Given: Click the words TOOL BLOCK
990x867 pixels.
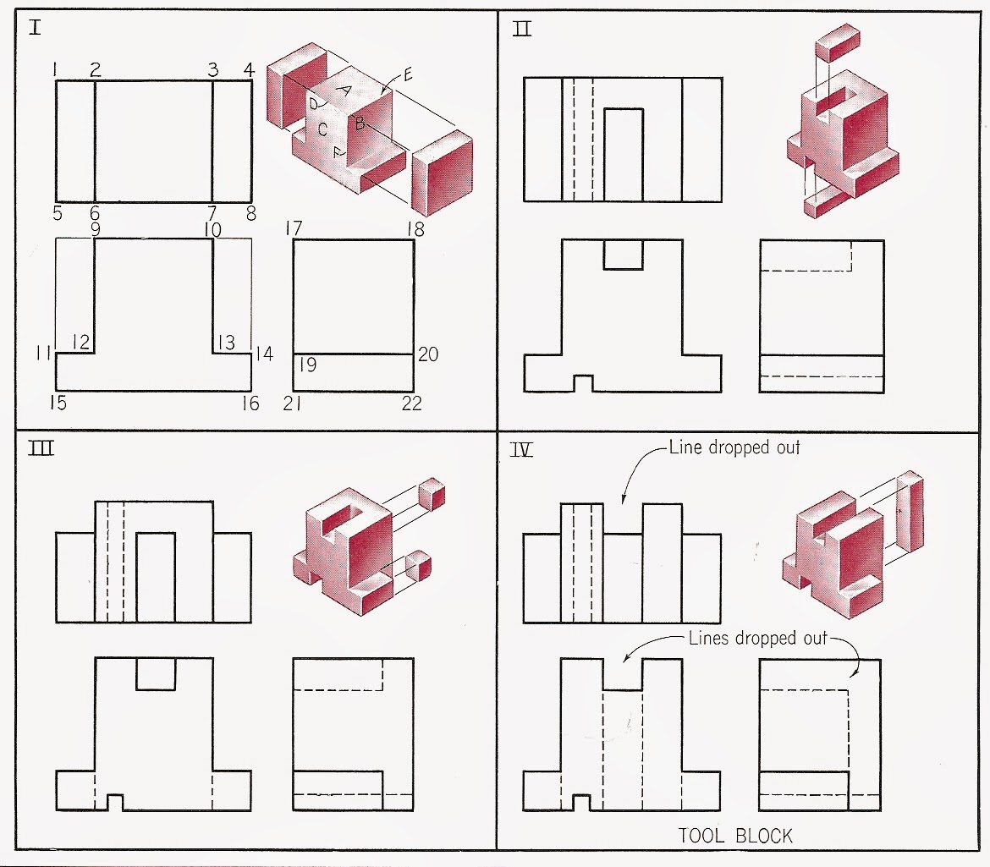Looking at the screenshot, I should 736,836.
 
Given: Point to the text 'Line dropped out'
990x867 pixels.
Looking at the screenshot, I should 734,447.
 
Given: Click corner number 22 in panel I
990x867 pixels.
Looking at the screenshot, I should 411,404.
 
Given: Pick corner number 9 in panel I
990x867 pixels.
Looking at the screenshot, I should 96,228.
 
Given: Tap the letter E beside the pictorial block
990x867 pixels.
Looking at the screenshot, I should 408,74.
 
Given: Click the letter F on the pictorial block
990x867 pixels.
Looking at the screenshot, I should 338,153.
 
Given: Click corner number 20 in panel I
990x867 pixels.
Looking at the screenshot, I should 428,354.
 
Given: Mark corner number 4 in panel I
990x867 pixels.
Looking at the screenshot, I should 249,69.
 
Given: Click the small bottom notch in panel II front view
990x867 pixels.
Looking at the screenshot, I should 583,383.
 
